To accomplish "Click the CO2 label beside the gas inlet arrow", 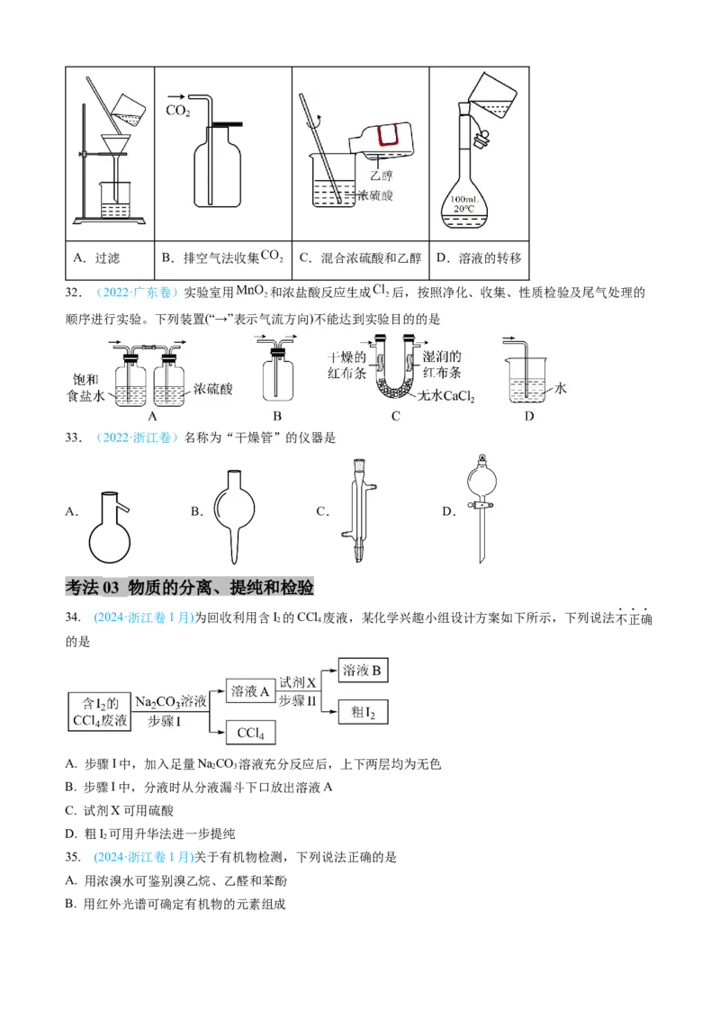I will [x=178, y=111].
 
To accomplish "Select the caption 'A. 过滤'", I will [x=96, y=258].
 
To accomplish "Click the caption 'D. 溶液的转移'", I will [x=478, y=258].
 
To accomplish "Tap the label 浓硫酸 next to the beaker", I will [x=374, y=194].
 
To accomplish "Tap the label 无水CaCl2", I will [x=445, y=396].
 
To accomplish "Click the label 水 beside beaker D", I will [x=561, y=388].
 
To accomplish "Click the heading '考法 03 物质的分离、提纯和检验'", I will [x=190, y=588].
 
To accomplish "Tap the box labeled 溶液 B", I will [x=364, y=671].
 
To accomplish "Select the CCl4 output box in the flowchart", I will [x=249, y=734].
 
